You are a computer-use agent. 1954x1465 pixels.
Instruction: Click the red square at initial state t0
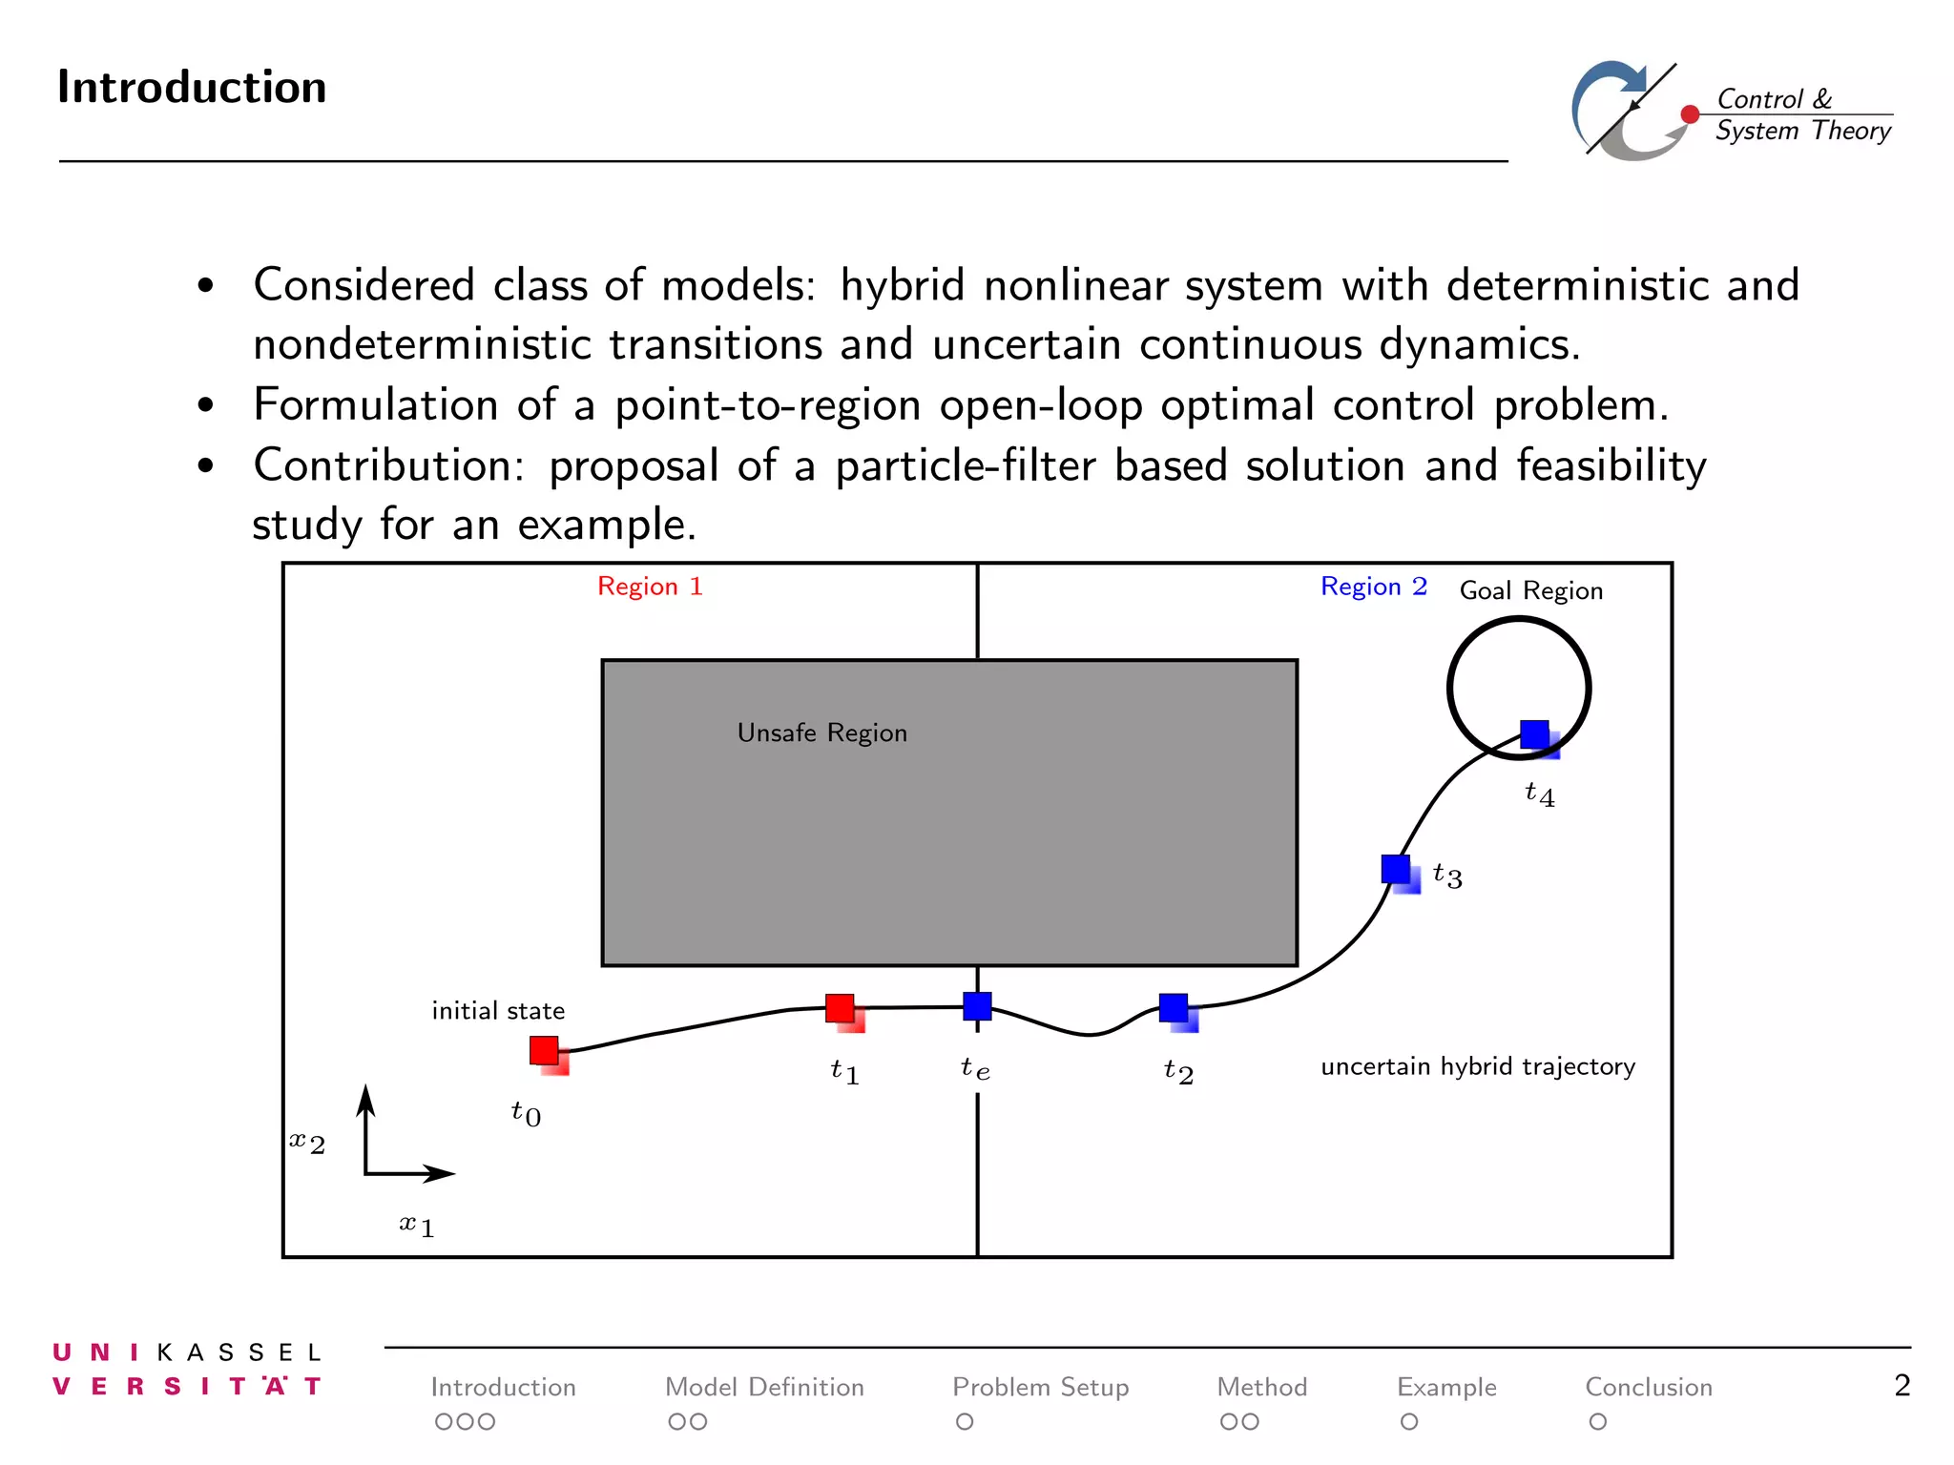545,1050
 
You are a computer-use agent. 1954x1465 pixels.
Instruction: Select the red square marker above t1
840,1008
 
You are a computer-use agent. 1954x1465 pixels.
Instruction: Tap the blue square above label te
977,1006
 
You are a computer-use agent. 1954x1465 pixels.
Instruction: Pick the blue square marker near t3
1396,869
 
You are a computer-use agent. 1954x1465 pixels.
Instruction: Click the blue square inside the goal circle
1534,734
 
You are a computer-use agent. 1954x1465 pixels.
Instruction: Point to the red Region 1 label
650,587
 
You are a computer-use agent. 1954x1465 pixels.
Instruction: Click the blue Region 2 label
1373,587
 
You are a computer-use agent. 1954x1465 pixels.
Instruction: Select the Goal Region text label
1530,591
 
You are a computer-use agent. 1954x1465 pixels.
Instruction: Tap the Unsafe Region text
821,732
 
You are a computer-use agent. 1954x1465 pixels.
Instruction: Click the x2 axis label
307,1142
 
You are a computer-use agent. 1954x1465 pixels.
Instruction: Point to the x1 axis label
417,1225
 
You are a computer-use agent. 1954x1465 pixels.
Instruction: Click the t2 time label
1178,1071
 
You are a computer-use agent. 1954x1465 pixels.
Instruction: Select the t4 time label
1539,794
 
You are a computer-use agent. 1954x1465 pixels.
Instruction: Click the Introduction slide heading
192,87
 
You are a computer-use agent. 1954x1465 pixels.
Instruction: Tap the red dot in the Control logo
1690,114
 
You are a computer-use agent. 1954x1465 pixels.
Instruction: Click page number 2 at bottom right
1902,1385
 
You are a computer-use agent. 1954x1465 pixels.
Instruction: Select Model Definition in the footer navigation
764,1387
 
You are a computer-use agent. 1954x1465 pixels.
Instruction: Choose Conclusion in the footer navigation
1648,1387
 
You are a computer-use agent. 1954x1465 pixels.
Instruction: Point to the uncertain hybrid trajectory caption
1477,1066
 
